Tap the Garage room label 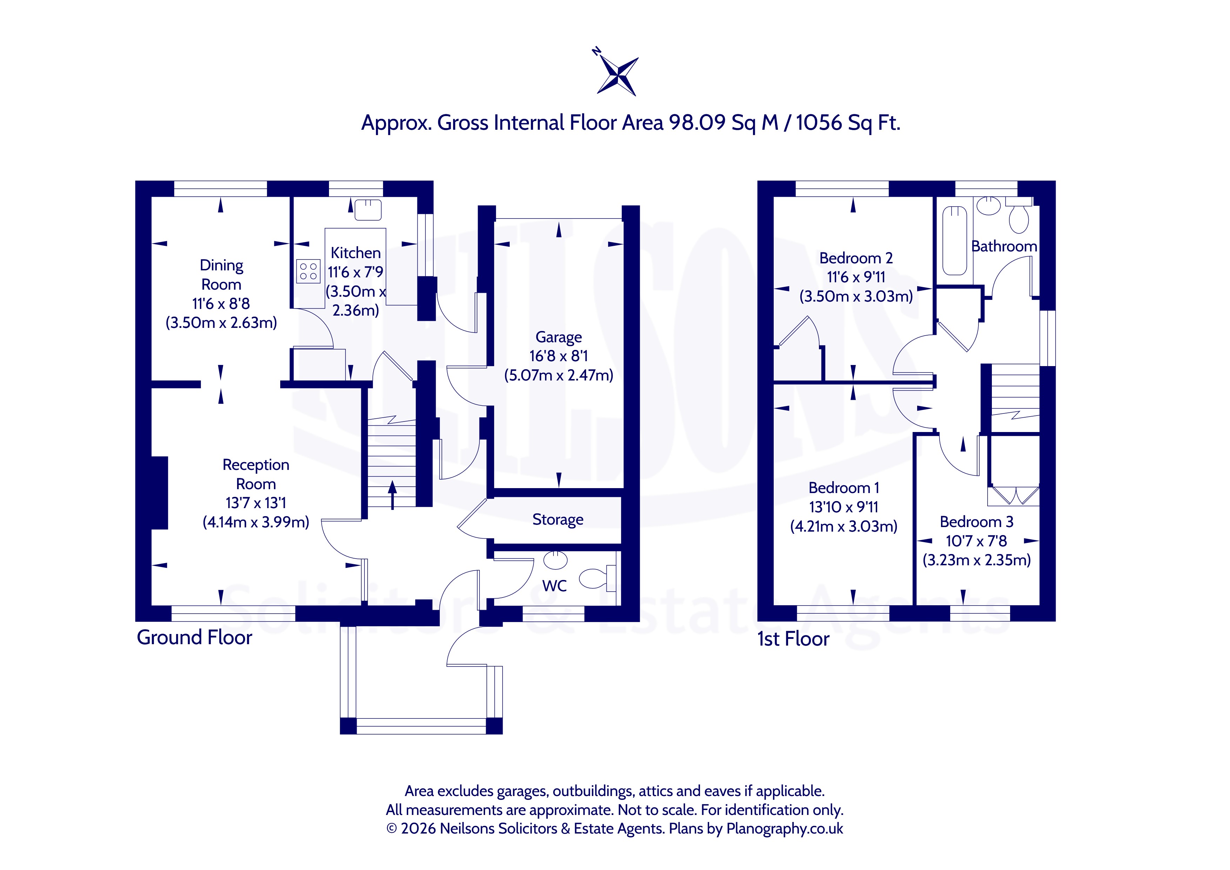pyautogui.click(x=558, y=337)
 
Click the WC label pyautogui.click(x=554, y=586)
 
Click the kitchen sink pyautogui.click(x=368, y=209)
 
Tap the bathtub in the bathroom pyautogui.click(x=955, y=241)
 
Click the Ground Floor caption pyautogui.click(x=194, y=638)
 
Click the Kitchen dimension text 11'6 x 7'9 pyautogui.click(x=356, y=272)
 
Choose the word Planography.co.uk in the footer pyautogui.click(x=785, y=829)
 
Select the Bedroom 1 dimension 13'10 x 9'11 pyautogui.click(x=844, y=507)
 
